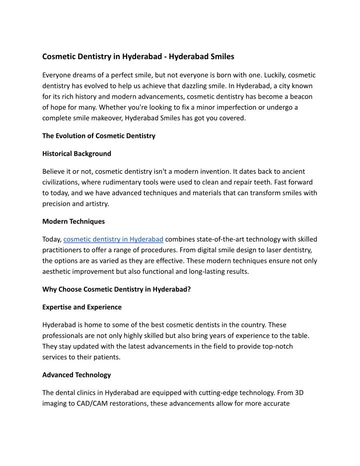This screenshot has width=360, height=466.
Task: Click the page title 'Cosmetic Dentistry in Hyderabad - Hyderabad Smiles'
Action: pyautogui.click(x=138, y=57)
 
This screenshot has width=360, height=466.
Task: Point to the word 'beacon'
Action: pyautogui.click(x=301, y=96)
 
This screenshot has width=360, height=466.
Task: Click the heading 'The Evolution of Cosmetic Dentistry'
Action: pyautogui.click(x=99, y=136)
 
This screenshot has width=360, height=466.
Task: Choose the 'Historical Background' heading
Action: pyautogui.click(x=77, y=153)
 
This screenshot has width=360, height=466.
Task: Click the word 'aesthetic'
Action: pyautogui.click(x=58, y=271)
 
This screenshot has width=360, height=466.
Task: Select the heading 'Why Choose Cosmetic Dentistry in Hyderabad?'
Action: pyautogui.click(x=115, y=289)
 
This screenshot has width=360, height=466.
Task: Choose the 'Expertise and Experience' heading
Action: pyautogui.click(x=82, y=307)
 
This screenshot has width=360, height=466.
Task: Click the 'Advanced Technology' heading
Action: pyautogui.click(x=76, y=374)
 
